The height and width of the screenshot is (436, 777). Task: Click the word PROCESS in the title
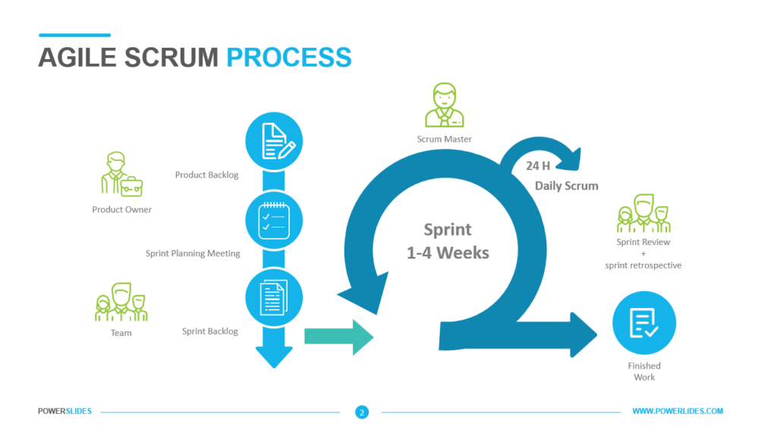[289, 58]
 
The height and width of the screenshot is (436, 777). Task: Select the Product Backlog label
[206, 175]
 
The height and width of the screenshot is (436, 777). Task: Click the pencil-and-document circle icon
[274, 141]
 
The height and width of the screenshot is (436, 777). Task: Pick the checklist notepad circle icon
[274, 219]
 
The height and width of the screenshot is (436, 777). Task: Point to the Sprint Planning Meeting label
[193, 253]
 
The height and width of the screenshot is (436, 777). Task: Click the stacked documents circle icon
[274, 297]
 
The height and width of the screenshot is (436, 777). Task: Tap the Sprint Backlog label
[210, 331]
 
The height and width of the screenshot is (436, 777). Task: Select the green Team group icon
[121, 302]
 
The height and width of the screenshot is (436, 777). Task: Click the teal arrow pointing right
[338, 336]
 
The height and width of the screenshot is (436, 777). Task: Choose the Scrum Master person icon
[444, 105]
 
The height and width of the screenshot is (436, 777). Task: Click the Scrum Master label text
[444, 139]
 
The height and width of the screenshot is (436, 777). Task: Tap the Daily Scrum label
[566, 186]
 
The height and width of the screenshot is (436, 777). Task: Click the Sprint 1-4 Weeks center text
[448, 241]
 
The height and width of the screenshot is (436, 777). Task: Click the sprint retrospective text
[643, 265]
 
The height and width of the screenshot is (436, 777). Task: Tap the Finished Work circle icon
[643, 324]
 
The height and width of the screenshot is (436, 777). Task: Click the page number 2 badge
[362, 412]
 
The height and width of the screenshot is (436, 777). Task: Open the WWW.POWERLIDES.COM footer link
[678, 411]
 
